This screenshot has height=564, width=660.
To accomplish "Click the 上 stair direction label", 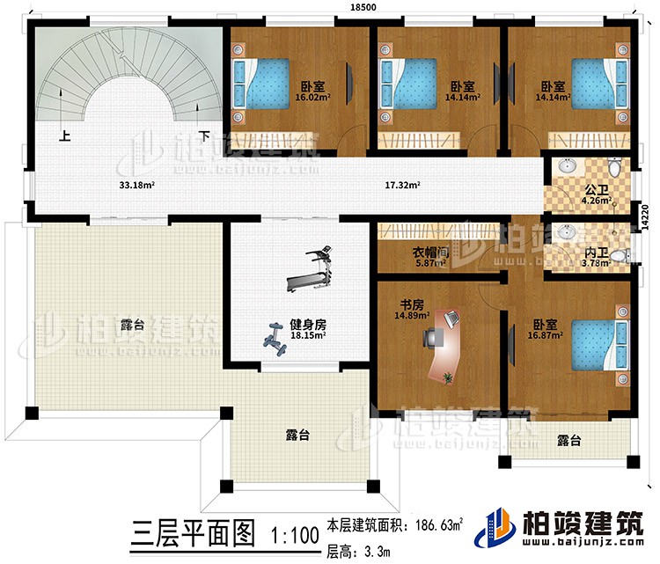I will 64,136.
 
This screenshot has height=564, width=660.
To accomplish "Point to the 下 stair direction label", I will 203,136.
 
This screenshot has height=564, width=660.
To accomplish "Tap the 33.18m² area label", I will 138,186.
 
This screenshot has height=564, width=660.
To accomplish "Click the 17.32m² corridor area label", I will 401,186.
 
